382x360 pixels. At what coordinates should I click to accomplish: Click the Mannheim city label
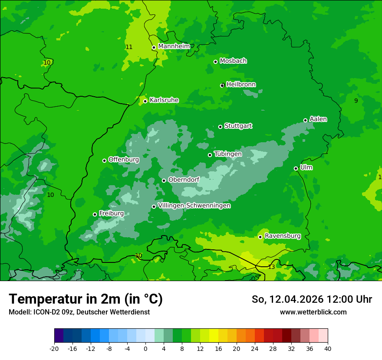[x=174, y=46]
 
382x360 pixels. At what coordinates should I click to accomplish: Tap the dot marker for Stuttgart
[x=220, y=127]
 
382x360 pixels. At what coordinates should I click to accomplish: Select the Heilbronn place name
[x=241, y=85]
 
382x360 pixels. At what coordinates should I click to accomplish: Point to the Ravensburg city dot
[x=260, y=237]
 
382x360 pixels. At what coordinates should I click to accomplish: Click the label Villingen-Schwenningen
[x=194, y=206]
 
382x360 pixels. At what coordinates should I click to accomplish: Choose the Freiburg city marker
[x=95, y=214]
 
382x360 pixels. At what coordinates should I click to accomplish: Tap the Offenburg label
[x=124, y=160]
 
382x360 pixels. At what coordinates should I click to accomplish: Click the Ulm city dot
[x=296, y=168]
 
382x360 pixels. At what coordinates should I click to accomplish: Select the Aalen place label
[x=318, y=119]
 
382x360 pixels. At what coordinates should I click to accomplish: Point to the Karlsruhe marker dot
[x=145, y=101]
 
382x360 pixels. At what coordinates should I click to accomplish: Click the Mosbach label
[x=233, y=61]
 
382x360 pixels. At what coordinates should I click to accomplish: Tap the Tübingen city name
[x=228, y=154]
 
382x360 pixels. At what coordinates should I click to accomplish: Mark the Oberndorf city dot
[x=164, y=180]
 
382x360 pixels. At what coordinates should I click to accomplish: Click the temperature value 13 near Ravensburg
[x=271, y=267]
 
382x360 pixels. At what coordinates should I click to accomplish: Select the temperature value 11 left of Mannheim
[x=129, y=47]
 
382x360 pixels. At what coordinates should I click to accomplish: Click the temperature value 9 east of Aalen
[x=356, y=101]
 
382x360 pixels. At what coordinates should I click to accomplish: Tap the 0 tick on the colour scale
[x=145, y=348]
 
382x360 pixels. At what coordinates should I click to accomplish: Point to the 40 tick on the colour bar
[x=327, y=348]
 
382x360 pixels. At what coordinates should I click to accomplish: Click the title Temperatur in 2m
[x=86, y=299]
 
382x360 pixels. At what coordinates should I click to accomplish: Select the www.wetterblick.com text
[x=313, y=312]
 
